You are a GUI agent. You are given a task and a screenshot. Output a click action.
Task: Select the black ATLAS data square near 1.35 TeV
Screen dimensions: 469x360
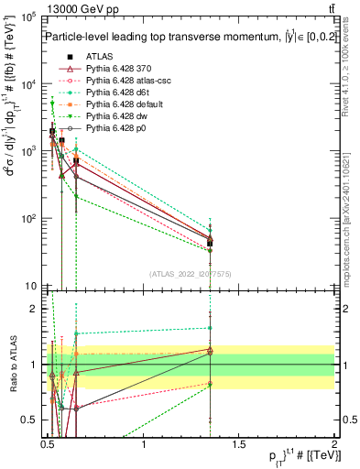click(x=211, y=243)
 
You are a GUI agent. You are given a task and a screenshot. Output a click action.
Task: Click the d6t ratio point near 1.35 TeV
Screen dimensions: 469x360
click(x=211, y=327)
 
